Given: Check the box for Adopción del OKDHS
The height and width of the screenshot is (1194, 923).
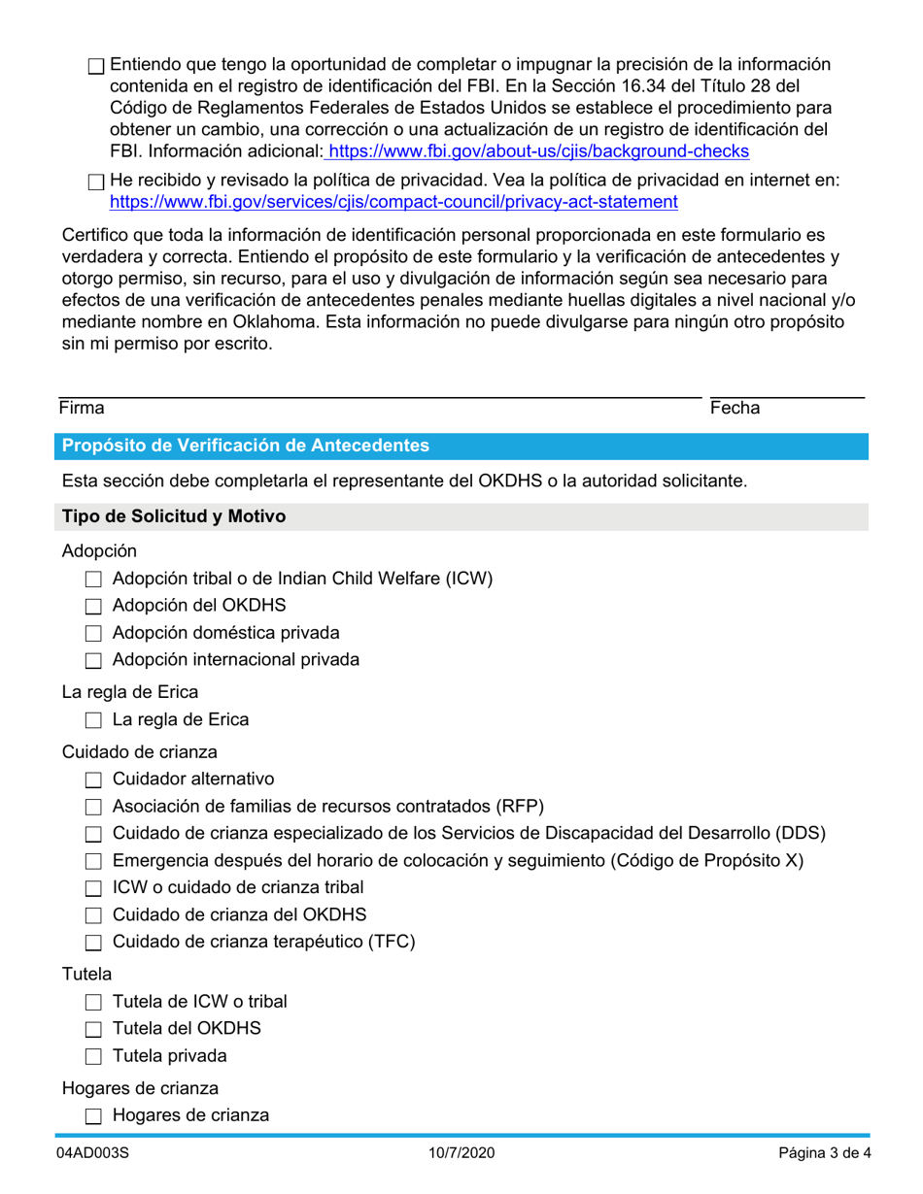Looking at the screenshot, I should pos(93,608).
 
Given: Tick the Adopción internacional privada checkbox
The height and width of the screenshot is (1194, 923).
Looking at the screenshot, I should pos(93,661).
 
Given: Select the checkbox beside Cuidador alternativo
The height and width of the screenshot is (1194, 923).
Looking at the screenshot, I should pos(93,780).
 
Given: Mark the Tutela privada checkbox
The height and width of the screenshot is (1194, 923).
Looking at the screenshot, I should pos(93,1057).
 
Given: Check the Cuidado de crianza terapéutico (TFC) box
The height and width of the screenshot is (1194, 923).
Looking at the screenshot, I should pos(93,943).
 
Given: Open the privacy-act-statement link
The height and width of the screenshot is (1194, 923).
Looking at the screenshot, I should pos(393,202).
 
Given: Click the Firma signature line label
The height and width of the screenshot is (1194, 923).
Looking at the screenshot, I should pos(82,410).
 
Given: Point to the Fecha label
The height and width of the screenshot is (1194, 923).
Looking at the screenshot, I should pos(735,410).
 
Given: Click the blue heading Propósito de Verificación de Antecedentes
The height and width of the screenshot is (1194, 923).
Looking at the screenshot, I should pos(246,446).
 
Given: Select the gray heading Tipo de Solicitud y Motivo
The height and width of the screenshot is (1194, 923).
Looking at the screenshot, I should pos(174,516).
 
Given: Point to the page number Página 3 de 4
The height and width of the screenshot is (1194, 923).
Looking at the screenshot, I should pos(824,1154).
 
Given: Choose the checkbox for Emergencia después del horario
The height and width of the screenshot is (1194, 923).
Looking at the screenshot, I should pos(93,862).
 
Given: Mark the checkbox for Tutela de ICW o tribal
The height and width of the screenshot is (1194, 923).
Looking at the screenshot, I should pos(93,1003).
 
